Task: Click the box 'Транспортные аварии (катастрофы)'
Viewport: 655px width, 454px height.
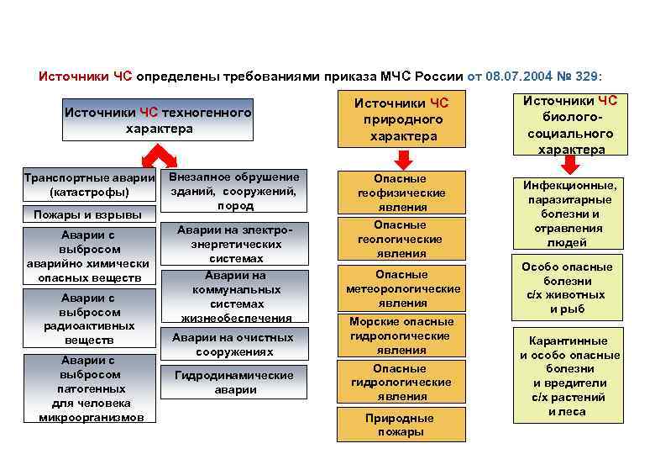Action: pyautogui.click(x=90, y=185)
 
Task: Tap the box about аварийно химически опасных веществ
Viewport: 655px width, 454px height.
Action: pyautogui.click(x=90, y=256)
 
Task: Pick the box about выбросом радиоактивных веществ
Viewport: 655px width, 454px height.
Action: pyautogui.click(x=90, y=319)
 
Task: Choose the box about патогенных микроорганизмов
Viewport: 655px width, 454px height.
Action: pyautogui.click(x=90, y=388)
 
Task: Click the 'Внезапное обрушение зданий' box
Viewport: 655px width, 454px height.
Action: pyautogui.click(x=234, y=191)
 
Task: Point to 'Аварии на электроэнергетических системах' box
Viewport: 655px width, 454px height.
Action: pyautogui.click(x=235, y=244)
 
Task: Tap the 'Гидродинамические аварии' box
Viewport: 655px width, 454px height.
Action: pyautogui.click(x=234, y=382)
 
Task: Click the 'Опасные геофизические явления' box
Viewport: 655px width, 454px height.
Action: pyautogui.click(x=401, y=192)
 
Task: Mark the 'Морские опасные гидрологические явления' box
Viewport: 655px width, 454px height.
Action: pyautogui.click(x=401, y=335)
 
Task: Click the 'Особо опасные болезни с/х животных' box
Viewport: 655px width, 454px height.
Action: pyautogui.click(x=567, y=288)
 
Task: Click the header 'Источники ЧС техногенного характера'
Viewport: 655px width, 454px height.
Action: pyautogui.click(x=159, y=120)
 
